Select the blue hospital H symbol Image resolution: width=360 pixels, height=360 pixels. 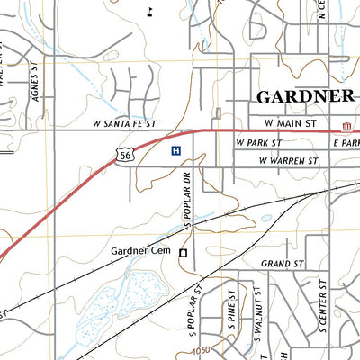[x=175, y=151]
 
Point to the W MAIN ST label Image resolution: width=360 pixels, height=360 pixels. [x=292, y=122]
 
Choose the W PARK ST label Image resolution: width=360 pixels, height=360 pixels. [x=259, y=143]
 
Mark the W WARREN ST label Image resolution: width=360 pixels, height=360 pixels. [x=288, y=161]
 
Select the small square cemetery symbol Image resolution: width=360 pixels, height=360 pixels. [x=183, y=254]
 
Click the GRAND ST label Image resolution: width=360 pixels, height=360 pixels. [x=279, y=264]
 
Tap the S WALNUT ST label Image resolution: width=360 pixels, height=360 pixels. [x=256, y=322]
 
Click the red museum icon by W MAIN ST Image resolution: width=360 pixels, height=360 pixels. [x=346, y=123]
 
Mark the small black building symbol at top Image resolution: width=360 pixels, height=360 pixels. [x=151, y=10]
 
